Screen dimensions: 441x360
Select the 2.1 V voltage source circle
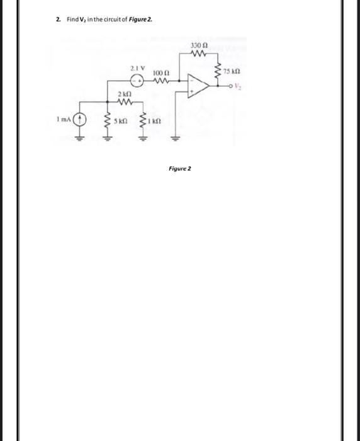tap(135, 81)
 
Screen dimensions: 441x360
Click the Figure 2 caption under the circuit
tap(180, 169)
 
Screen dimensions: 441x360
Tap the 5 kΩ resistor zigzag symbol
tap(106, 120)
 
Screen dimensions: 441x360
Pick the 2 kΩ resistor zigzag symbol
tap(124, 101)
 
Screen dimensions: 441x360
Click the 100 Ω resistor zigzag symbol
tap(160, 81)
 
